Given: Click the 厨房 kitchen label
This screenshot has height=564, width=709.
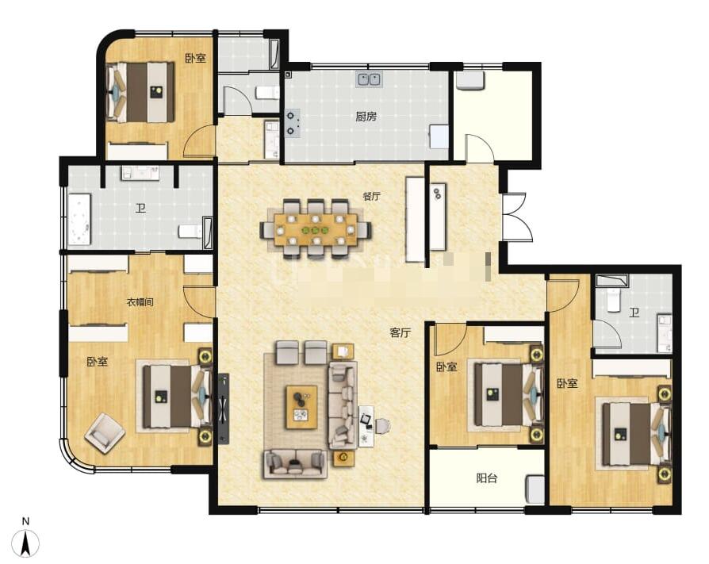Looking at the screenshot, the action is [366, 117].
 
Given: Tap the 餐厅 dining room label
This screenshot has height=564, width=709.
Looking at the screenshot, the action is [371, 197].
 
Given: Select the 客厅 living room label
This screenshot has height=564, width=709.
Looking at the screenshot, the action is [400, 333].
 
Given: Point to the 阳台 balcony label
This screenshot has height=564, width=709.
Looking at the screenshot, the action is [486, 478].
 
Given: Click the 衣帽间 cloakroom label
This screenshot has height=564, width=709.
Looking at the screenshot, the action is [140, 302].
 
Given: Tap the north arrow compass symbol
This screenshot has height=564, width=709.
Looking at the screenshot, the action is [25, 539].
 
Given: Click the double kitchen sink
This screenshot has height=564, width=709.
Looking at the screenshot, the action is [370, 79].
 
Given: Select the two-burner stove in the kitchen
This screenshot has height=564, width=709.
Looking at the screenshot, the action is [292, 124].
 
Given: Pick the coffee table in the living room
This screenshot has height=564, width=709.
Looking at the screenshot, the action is [301, 407].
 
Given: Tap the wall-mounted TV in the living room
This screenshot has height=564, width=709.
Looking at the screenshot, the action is [224, 409].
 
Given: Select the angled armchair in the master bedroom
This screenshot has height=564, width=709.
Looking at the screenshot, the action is [105, 433].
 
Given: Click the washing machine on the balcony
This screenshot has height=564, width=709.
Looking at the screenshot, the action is [535, 489].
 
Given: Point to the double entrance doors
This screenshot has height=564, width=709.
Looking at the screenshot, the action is [515, 217].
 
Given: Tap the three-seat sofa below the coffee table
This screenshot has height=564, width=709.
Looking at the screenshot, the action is [295, 463].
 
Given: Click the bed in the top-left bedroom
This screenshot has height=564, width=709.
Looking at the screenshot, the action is [140, 92].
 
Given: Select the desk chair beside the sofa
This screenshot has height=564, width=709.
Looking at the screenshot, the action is [382, 426].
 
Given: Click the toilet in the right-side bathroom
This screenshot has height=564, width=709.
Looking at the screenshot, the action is [613, 301].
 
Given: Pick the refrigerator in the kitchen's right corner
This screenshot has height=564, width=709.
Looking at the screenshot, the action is [439, 136].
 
